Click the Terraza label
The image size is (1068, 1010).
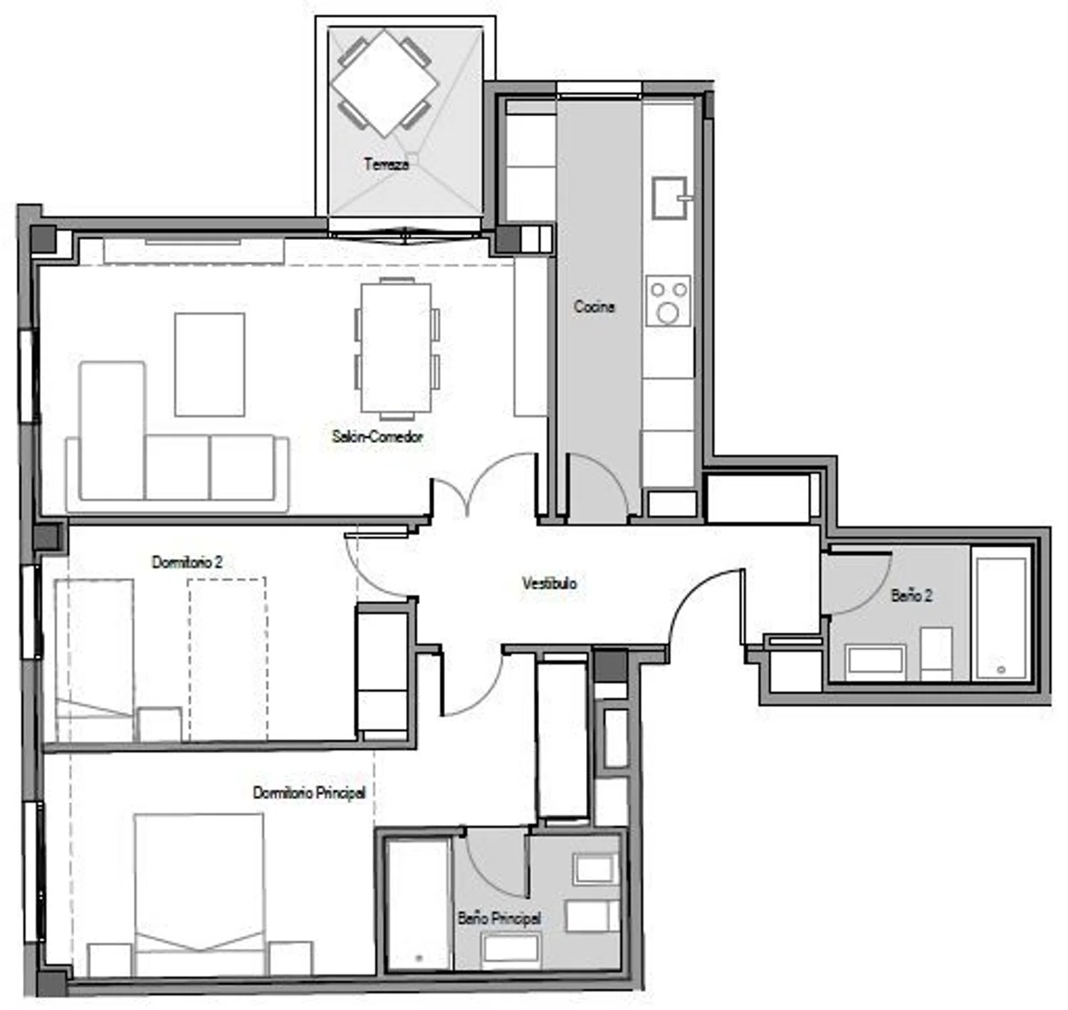coord(386,164)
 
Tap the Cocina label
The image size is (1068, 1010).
coord(595,307)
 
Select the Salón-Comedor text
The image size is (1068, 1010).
coord(377,437)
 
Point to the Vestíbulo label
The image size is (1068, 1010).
coord(550,584)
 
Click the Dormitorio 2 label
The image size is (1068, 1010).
coord(187,562)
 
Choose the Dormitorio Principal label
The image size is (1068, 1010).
coord(310,793)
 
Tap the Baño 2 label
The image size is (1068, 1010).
coord(911,595)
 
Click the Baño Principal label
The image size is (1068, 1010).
coord(499,919)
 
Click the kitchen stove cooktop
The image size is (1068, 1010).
coord(669,301)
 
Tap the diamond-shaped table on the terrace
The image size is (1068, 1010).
coord(384,83)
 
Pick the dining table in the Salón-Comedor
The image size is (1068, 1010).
coord(397,348)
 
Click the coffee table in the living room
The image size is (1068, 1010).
coord(210,365)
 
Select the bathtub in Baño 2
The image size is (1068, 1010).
coord(1000,613)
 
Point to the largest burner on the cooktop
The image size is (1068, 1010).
coord(668,313)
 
